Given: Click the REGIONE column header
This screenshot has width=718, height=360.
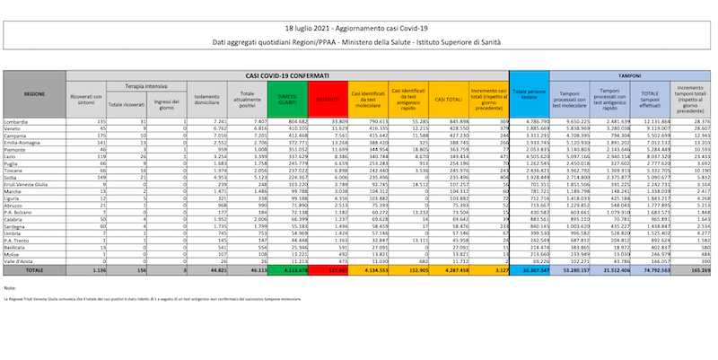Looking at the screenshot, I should (35, 92).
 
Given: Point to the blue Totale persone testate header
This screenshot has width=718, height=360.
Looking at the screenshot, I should (530, 92).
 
